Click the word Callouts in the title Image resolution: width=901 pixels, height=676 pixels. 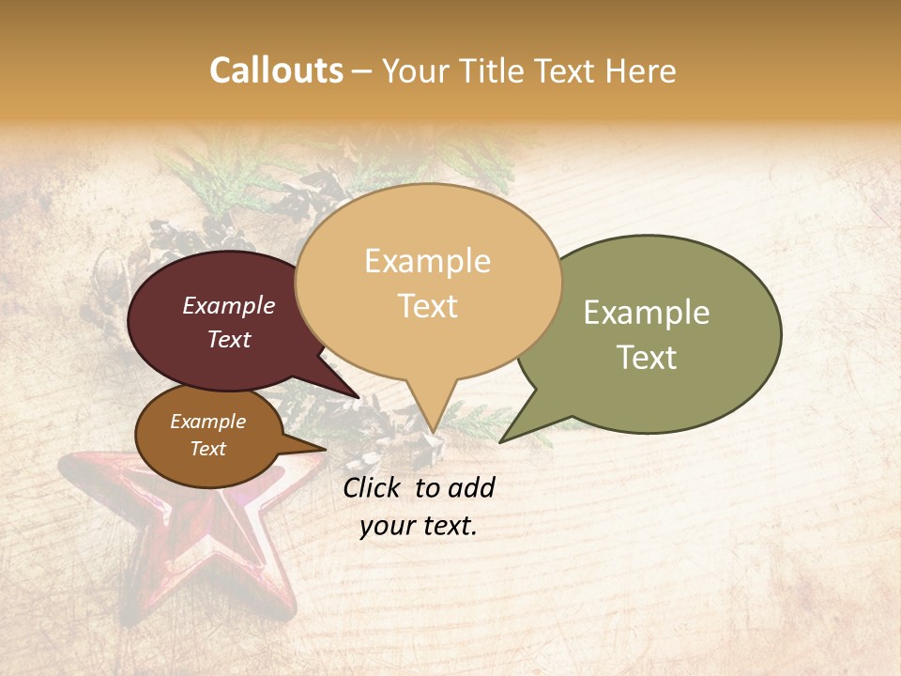[x=276, y=70]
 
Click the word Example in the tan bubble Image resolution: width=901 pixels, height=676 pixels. [x=427, y=261]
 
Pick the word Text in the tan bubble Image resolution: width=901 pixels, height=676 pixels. [x=428, y=306]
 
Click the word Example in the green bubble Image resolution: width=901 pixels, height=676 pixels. [x=647, y=313]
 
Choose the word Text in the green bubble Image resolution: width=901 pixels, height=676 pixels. [x=647, y=358]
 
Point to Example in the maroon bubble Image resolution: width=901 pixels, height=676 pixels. [x=229, y=305]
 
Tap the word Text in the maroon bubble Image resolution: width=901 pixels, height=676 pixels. [x=229, y=339]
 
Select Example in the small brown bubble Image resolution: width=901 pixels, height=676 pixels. [x=208, y=422]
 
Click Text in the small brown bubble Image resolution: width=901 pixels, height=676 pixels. [x=208, y=449]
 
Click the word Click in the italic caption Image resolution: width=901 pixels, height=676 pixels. [x=372, y=487]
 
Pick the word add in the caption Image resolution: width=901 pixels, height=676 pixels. [x=471, y=487]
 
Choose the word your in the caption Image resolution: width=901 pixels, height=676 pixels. [x=386, y=526]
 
